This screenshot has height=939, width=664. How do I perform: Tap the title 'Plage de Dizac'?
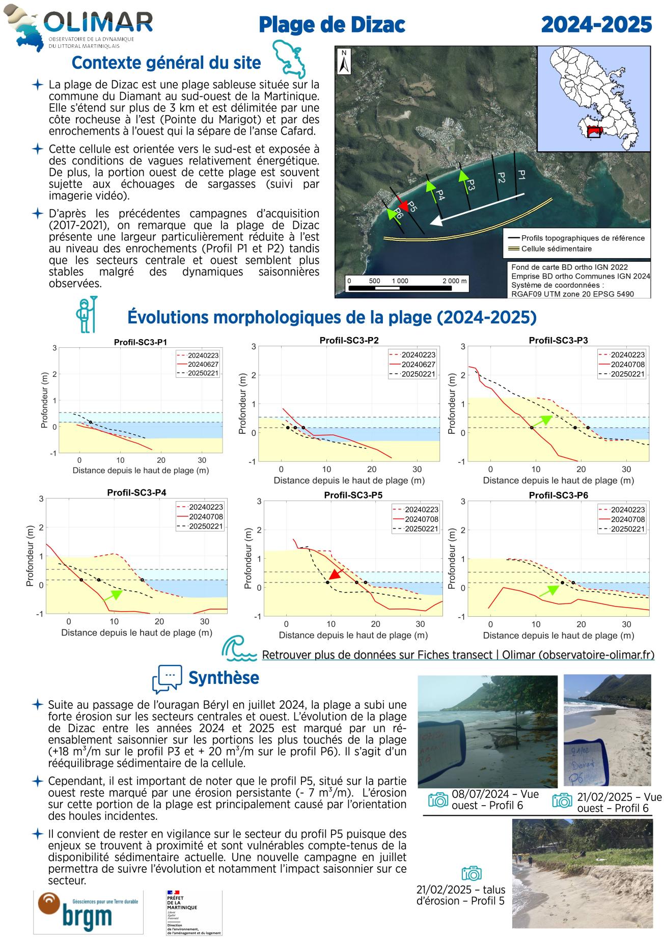(331, 24)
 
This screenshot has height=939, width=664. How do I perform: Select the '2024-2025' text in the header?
(596, 24)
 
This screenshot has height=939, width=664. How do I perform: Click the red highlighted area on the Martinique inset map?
(594, 132)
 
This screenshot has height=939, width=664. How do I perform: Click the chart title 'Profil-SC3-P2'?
(349, 340)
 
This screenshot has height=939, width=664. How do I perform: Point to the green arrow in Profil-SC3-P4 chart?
(113, 595)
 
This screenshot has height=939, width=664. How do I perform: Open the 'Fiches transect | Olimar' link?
(458, 655)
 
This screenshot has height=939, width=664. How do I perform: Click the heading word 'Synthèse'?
(224, 678)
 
